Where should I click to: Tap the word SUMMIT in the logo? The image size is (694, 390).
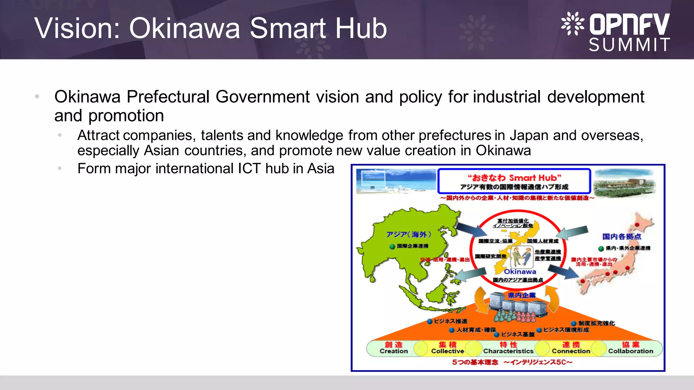pos(629,45)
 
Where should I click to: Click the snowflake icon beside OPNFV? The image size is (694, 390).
pos(572,23)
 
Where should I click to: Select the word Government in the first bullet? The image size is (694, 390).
pos(262,97)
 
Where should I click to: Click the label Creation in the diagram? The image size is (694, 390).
pos(393,351)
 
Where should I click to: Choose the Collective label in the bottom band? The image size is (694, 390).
pos(447,351)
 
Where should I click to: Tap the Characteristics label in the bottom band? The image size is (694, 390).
pos(508,351)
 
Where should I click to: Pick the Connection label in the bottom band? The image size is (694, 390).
pos(571,351)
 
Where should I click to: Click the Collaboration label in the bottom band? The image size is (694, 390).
pos(630,351)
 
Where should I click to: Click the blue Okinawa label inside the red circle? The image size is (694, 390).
pos(520,272)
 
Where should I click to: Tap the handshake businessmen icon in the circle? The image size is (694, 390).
pos(521,257)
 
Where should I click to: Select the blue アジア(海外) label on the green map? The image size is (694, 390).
pos(409,234)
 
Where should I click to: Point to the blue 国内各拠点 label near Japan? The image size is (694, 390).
pos(621,237)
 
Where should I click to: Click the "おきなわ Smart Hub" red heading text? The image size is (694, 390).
pos(514,178)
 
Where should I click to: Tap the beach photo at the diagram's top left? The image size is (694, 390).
pos(396,181)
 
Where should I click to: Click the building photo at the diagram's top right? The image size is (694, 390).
pos(626,183)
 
